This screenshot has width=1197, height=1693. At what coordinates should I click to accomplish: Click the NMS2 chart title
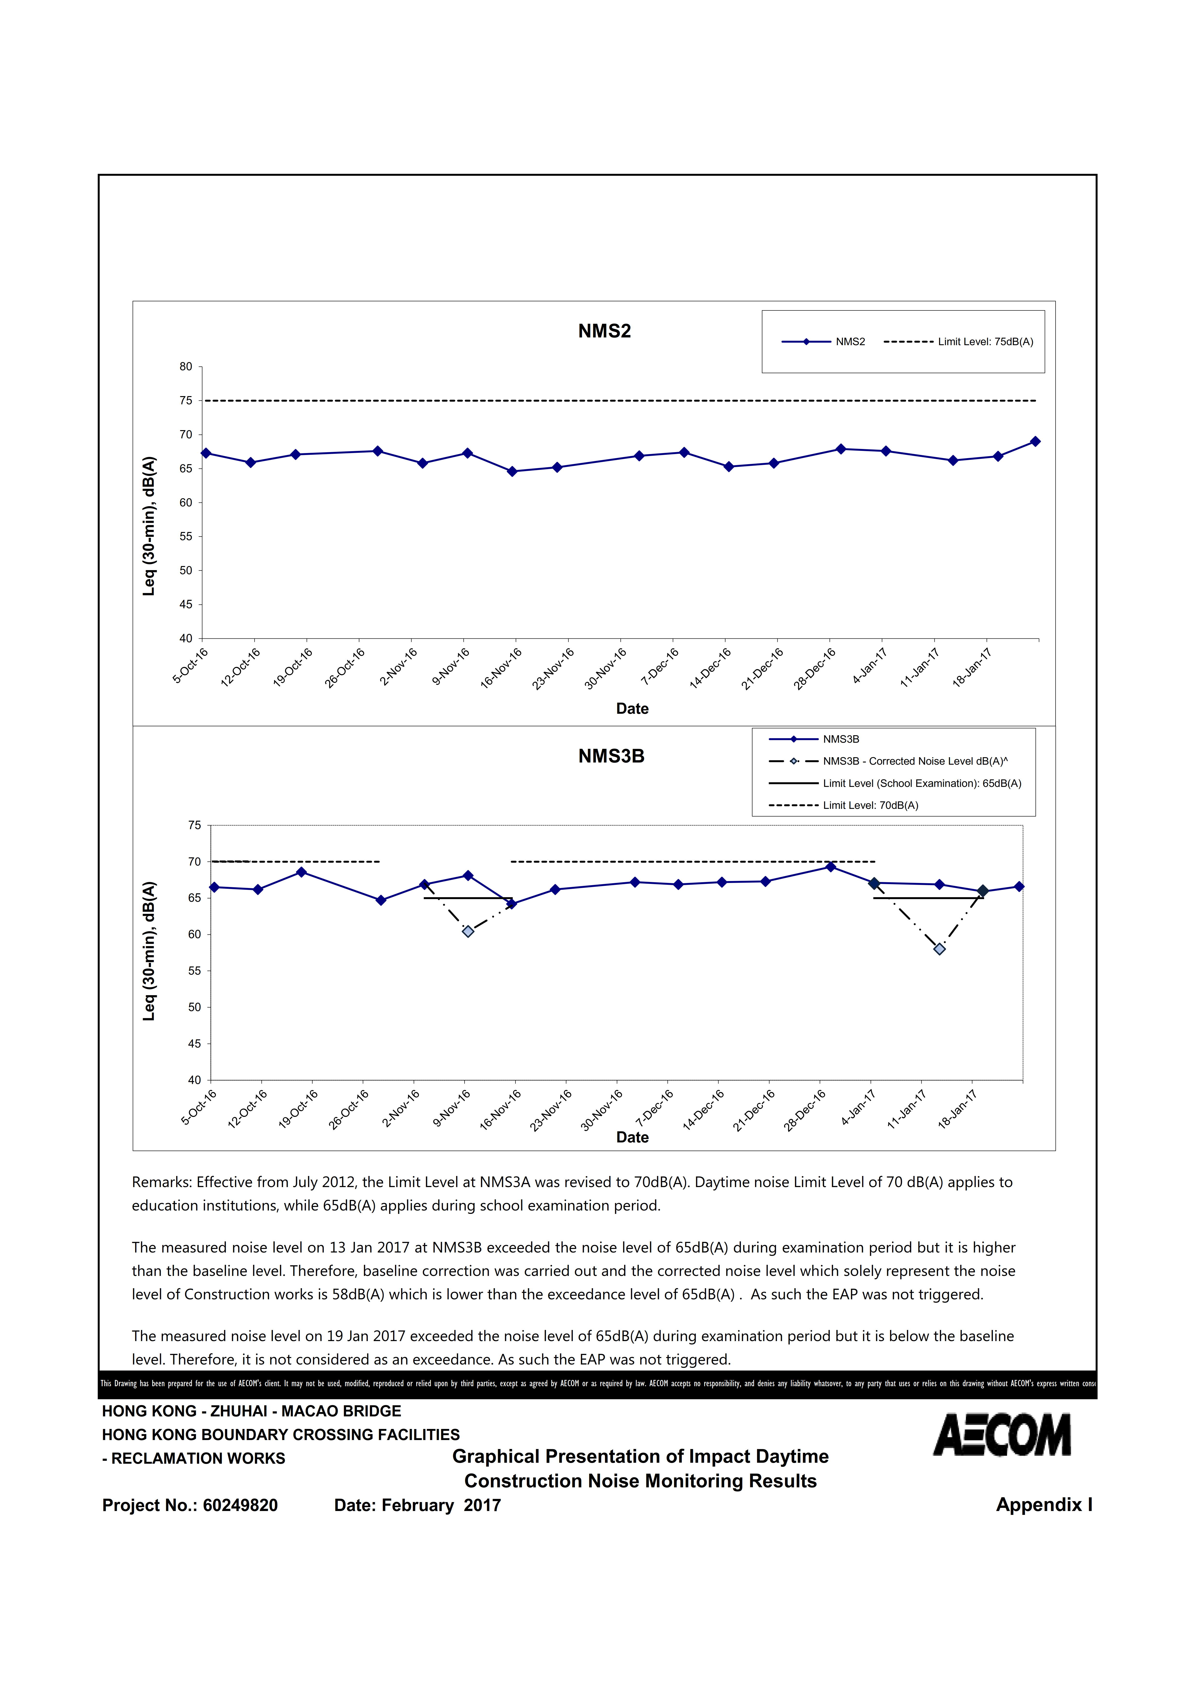coord(604,331)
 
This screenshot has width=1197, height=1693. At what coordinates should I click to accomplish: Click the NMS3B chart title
coord(611,756)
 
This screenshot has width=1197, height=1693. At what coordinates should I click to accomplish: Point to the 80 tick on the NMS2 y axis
coord(186,366)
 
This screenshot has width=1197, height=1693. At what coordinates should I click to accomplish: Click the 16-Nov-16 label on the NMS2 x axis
coord(501,668)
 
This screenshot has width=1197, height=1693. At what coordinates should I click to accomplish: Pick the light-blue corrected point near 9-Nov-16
coord(468,931)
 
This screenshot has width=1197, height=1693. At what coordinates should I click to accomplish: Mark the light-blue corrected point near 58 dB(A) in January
coord(939,949)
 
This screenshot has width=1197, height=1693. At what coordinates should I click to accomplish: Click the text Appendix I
coord(1044,1505)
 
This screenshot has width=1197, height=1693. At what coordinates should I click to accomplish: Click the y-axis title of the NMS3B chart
coord(150,951)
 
